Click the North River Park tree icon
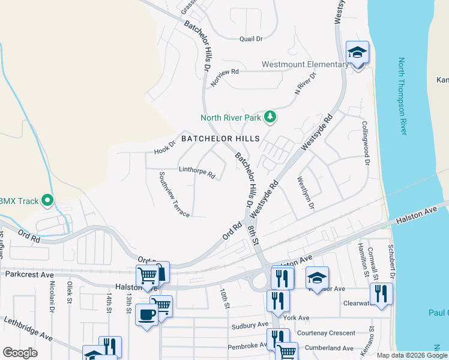pos(270,116)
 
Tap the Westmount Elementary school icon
pos(357,53)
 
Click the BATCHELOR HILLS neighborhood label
pos(220,139)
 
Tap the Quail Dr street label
pos(251,39)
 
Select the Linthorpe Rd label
pos(196,172)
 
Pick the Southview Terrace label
pos(174,194)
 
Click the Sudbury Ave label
pos(250,325)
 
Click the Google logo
pos(20,353)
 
